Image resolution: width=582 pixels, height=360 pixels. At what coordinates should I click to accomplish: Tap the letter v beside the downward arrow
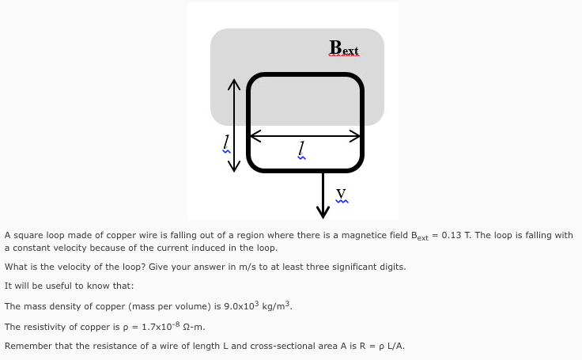[x=341, y=193]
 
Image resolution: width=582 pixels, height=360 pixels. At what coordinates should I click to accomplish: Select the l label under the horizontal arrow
[x=300, y=148]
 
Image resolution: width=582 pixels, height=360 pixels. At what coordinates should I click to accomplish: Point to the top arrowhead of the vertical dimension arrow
[x=233, y=84]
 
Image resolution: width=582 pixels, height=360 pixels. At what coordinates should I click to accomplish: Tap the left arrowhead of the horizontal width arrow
[x=254, y=136]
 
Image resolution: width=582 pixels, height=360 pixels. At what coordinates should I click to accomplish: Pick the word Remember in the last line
[x=27, y=346]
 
